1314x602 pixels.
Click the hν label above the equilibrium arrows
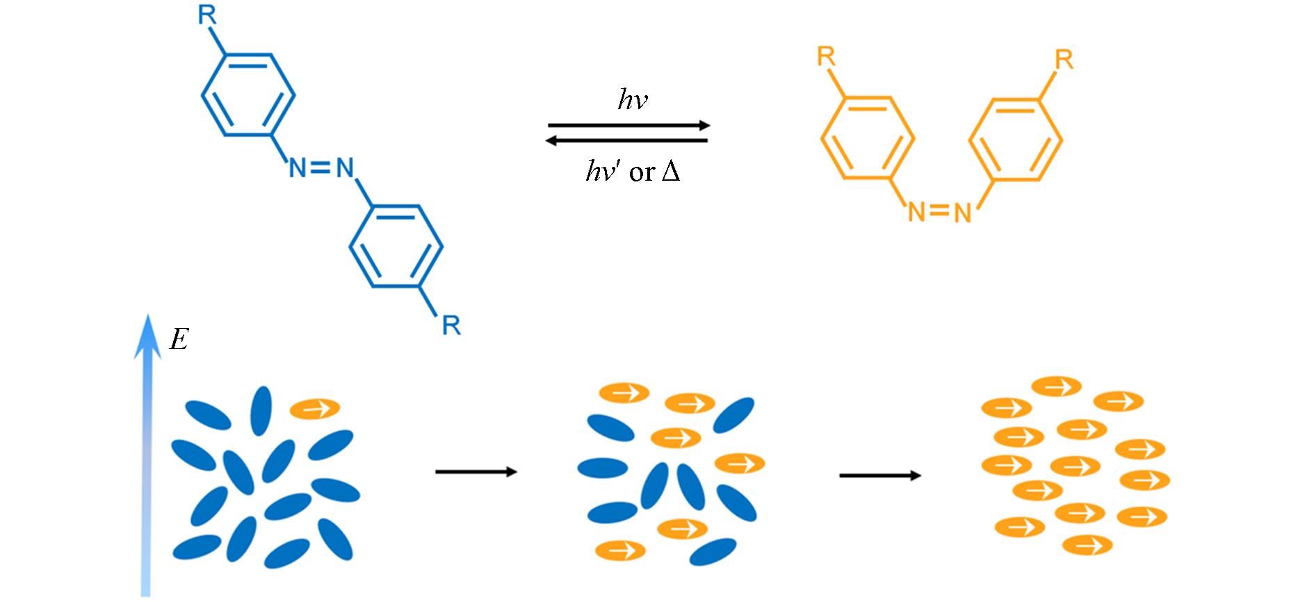(x=633, y=101)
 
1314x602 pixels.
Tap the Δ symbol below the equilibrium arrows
(x=670, y=171)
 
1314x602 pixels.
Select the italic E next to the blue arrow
(x=179, y=340)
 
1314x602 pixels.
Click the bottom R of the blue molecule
(x=451, y=325)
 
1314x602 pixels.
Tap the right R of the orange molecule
(x=1063, y=60)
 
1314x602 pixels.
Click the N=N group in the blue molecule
(x=321, y=168)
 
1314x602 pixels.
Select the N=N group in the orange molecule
(x=939, y=212)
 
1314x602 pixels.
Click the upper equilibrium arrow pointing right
(x=628, y=126)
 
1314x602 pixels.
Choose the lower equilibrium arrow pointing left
(x=627, y=141)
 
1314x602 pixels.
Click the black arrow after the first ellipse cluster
(x=476, y=472)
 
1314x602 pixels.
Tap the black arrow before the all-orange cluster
(x=880, y=475)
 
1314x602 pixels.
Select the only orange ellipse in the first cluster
(x=314, y=408)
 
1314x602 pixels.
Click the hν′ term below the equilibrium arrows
(x=602, y=171)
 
